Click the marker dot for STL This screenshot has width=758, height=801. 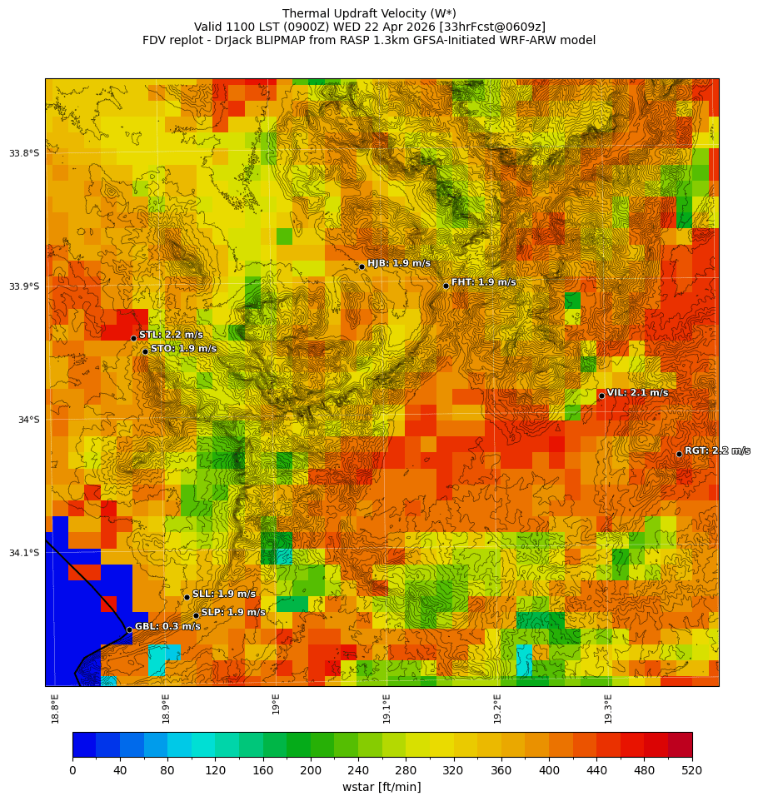coord(133,338)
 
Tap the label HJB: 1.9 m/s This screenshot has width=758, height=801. coord(399,263)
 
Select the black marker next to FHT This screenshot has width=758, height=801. coord(446,286)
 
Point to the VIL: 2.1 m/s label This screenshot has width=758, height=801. coord(637,392)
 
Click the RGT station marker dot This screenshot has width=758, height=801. coord(679,454)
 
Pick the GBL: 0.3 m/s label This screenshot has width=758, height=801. coord(167,626)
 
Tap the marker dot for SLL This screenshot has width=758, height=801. coord(187,597)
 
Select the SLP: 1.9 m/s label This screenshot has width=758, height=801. coord(233,612)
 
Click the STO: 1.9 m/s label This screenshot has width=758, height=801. coord(183,348)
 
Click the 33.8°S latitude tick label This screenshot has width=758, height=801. coord(24,153)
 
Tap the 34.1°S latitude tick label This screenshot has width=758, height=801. coord(24,553)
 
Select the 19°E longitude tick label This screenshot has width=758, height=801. coord(276,704)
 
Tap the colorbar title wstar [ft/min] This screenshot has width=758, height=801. coord(381,787)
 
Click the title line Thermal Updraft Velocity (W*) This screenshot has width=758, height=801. coord(369,13)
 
